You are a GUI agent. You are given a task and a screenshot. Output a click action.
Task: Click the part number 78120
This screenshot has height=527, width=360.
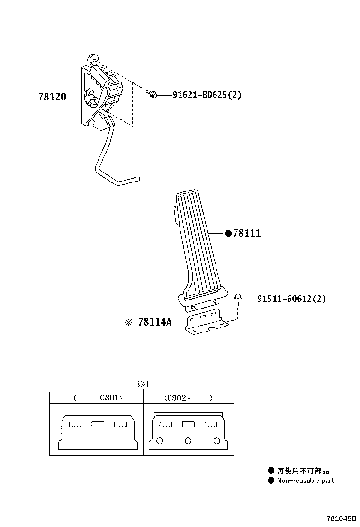(52, 97)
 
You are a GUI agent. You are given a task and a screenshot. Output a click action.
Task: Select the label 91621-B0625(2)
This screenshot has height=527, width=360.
(207, 95)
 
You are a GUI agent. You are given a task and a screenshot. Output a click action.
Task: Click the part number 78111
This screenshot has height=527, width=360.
(247, 233)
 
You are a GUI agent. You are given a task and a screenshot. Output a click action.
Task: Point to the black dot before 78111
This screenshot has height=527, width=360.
(228, 233)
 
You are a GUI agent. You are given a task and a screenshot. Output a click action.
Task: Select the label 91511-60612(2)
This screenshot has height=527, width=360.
(291, 299)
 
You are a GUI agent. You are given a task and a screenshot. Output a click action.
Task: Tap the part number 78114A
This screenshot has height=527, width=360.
(155, 322)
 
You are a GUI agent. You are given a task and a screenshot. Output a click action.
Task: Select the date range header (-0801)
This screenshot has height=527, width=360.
(98, 398)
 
